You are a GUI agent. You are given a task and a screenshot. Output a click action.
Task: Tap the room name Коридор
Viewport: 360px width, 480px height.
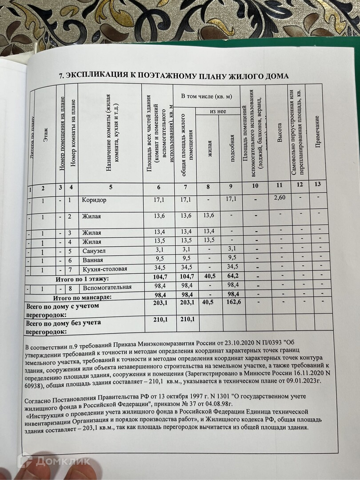click(94, 200)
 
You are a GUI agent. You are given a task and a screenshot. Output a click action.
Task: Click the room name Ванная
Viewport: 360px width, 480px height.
click(92, 260)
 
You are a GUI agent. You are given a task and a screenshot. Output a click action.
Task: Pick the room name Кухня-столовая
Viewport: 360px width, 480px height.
click(104, 268)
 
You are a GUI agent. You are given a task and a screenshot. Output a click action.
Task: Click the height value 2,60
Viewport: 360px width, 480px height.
click(279, 197)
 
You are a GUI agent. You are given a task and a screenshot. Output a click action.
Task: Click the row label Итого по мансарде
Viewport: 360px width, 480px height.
click(82, 296)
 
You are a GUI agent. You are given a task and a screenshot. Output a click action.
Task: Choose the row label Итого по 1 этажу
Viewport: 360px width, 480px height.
click(82, 279)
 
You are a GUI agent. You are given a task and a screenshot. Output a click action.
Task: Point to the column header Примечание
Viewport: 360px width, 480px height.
click(317, 132)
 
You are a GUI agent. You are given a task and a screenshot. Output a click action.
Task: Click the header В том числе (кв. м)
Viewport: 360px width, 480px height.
click(207, 96)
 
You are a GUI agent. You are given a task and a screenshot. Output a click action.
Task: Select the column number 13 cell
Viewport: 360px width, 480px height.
click(317, 184)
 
